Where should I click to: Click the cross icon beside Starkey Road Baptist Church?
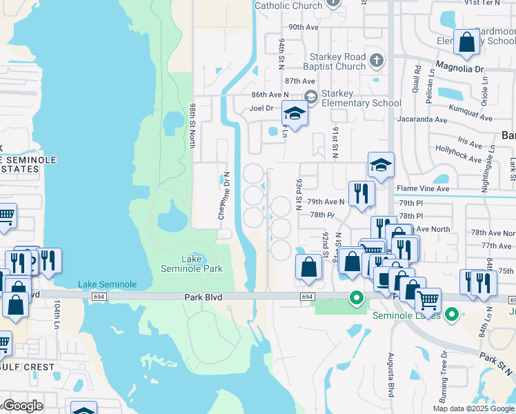[376, 61]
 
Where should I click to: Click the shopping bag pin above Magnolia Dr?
[467, 41]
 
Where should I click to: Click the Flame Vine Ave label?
[422, 188]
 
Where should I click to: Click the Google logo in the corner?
[23, 406]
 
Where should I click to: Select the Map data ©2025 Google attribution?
[473, 408]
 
